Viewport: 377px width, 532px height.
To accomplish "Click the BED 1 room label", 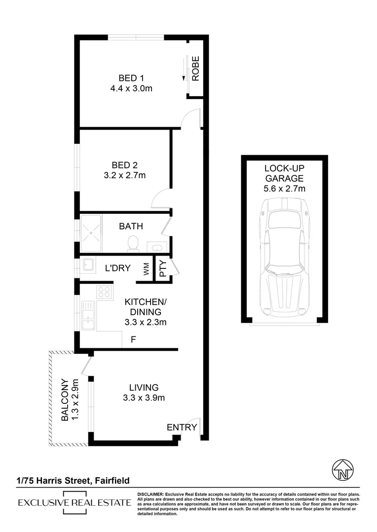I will [x=130, y=78].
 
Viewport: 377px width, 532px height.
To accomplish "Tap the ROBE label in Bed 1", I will [x=195, y=69].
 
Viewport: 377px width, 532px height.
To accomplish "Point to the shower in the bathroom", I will [x=91, y=233].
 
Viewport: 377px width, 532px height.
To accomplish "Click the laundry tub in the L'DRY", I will [x=88, y=266].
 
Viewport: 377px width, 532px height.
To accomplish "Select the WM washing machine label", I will [x=146, y=269].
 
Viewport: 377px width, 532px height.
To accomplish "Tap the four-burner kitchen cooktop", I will [x=104, y=293].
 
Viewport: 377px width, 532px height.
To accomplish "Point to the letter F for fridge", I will [x=133, y=339].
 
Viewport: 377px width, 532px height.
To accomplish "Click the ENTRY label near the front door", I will [x=182, y=427].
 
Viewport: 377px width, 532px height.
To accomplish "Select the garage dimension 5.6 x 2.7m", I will [x=284, y=188].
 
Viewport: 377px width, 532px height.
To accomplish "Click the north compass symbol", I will [x=341, y=472].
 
